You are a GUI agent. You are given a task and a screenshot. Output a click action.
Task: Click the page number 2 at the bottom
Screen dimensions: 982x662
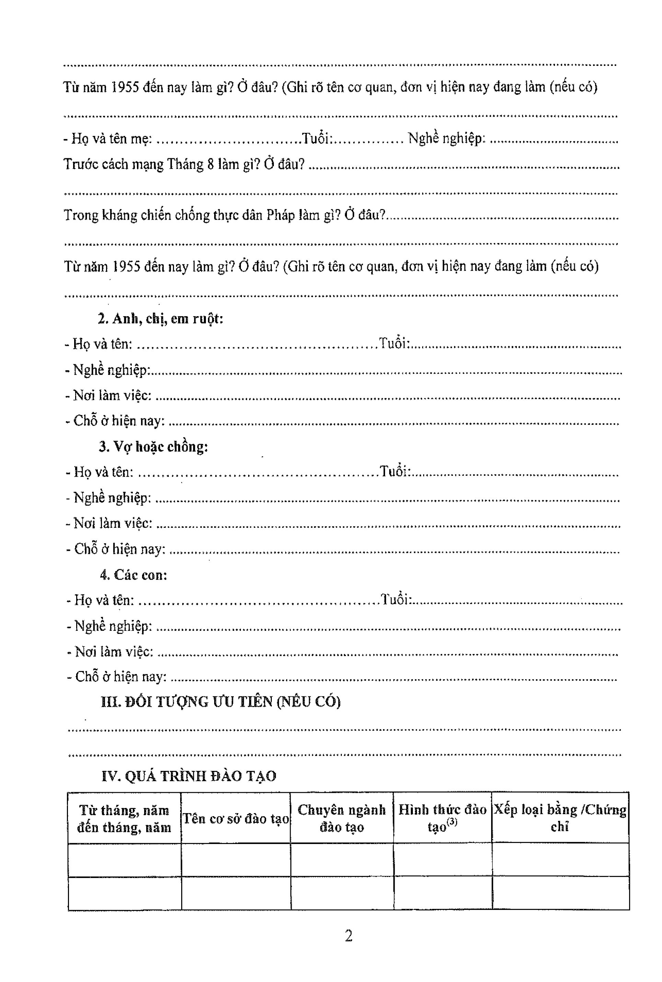coord(348,936)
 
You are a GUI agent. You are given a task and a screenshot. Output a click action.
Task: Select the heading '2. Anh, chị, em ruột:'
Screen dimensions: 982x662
coord(160,319)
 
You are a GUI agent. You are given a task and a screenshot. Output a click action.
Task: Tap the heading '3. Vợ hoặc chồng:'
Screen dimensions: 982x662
coord(154,446)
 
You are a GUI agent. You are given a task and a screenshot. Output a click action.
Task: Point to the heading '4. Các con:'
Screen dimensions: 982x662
coord(133,575)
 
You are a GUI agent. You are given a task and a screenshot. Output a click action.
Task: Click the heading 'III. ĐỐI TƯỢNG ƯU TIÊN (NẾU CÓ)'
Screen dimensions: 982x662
coord(220,701)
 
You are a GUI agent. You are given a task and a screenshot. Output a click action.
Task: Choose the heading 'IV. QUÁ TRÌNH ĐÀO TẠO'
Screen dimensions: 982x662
coord(189,776)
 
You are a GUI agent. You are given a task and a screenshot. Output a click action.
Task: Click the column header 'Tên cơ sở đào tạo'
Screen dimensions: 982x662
coord(235,819)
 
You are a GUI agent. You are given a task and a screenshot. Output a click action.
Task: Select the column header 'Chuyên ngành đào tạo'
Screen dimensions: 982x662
coord(341,818)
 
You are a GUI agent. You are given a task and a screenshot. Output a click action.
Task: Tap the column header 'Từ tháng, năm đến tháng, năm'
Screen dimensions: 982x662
coord(124,819)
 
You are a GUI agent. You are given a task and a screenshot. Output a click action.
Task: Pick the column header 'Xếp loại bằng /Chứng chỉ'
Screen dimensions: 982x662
coord(560,818)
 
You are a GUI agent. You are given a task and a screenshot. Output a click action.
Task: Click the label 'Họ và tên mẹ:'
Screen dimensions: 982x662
coord(112,138)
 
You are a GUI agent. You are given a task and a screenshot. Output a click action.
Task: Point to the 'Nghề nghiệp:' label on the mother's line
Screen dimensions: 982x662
coord(446,138)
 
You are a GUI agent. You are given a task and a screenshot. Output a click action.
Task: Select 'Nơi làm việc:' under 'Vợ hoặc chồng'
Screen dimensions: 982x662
coord(112,523)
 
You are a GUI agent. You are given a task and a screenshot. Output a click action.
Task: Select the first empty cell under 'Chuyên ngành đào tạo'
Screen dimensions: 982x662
coord(341,860)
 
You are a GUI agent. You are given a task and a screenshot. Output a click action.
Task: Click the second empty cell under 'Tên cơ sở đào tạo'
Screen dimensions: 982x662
coord(235,893)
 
